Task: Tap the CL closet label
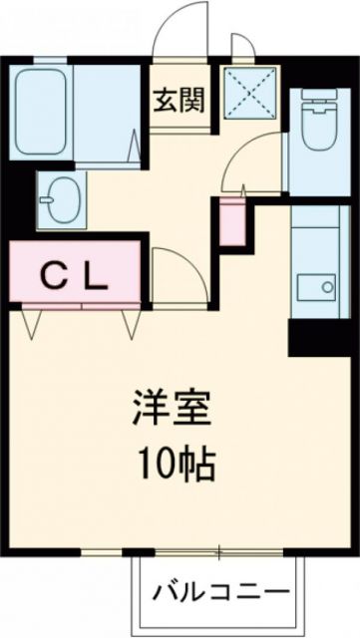coord(75,276)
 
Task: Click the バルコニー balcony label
coord(224,594)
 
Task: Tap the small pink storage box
coord(231,221)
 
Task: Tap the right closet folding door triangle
coord(132,322)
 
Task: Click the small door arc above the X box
coord(242,46)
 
